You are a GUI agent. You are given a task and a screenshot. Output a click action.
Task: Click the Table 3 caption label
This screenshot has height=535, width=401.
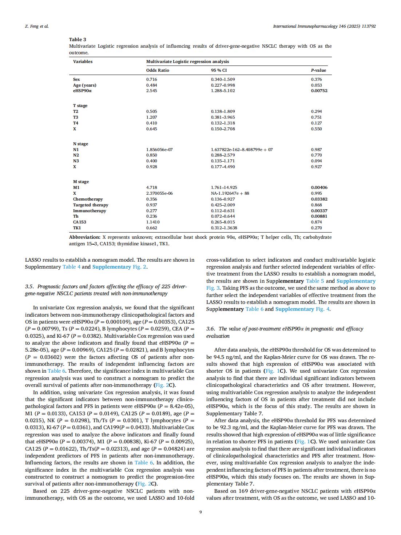coord(78,39)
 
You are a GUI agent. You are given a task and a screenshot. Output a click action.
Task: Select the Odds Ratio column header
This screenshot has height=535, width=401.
coord(158,70)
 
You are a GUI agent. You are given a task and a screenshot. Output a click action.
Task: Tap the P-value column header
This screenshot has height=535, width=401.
coord(318,70)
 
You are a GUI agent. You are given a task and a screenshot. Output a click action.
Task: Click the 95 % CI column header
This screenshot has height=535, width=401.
coord(219,70)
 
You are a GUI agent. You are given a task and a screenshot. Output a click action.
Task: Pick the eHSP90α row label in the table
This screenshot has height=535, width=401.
coord(82,91)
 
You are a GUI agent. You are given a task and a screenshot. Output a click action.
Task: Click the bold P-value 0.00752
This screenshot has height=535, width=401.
coord(319,91)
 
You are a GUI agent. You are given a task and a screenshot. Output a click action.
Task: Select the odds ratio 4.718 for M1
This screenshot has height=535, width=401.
coord(151,187)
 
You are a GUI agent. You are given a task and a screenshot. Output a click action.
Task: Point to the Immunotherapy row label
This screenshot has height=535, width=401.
coord(90,211)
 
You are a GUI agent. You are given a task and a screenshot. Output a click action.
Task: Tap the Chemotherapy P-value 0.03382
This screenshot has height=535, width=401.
coord(319,199)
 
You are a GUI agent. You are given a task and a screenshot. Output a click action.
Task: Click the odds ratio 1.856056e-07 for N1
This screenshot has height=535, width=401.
coord(159,150)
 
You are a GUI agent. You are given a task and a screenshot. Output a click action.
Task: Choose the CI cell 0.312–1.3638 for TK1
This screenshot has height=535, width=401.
coord(224,228)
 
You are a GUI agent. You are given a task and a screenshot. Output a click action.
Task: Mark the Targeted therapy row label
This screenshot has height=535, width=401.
coord(91,205)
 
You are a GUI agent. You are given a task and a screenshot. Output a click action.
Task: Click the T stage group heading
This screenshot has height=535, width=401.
coord(80,106)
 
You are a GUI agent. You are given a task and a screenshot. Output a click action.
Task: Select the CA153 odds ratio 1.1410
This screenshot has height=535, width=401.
coord(153,222)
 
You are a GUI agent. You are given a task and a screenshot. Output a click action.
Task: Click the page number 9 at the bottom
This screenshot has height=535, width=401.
coord(200,512)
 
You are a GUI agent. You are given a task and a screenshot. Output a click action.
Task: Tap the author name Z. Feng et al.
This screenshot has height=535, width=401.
coord(37,26)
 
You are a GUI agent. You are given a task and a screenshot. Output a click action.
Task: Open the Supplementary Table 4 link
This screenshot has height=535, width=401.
coord(71,267)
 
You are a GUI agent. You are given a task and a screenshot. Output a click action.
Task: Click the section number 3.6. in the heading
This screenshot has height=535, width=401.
coord(211,329)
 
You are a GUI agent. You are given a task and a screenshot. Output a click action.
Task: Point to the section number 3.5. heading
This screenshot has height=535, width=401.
coord(30,286)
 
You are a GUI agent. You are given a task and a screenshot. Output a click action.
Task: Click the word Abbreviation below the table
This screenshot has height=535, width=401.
coord(84,237)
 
